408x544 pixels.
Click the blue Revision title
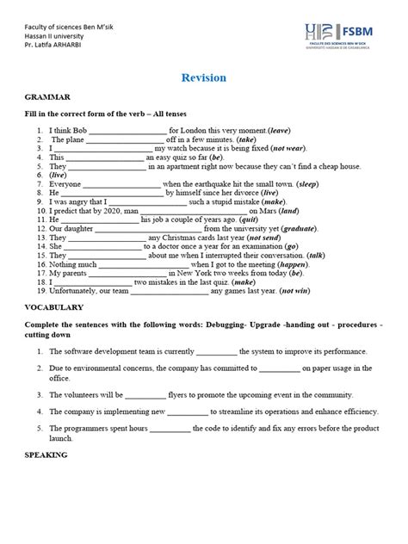coord(204,78)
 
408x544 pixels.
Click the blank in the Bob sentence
coord(126,131)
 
